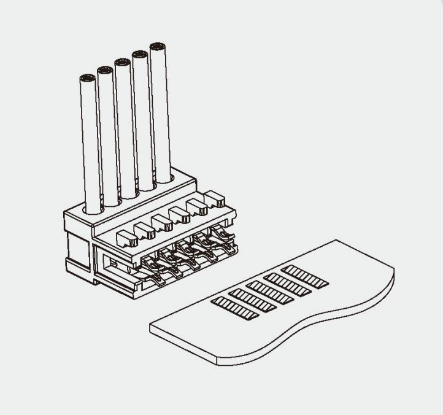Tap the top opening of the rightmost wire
tap(158, 46)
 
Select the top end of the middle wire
tap(121, 62)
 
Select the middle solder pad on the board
tap(269, 292)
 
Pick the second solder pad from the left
tap(252, 300)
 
